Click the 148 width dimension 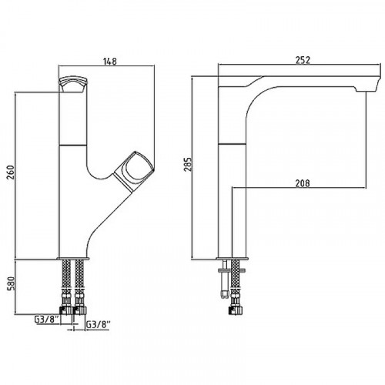109,62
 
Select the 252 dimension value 303,60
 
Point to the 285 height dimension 188,164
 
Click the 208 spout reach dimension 303,183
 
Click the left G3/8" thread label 47,320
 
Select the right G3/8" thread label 98,324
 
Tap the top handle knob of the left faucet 73,84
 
